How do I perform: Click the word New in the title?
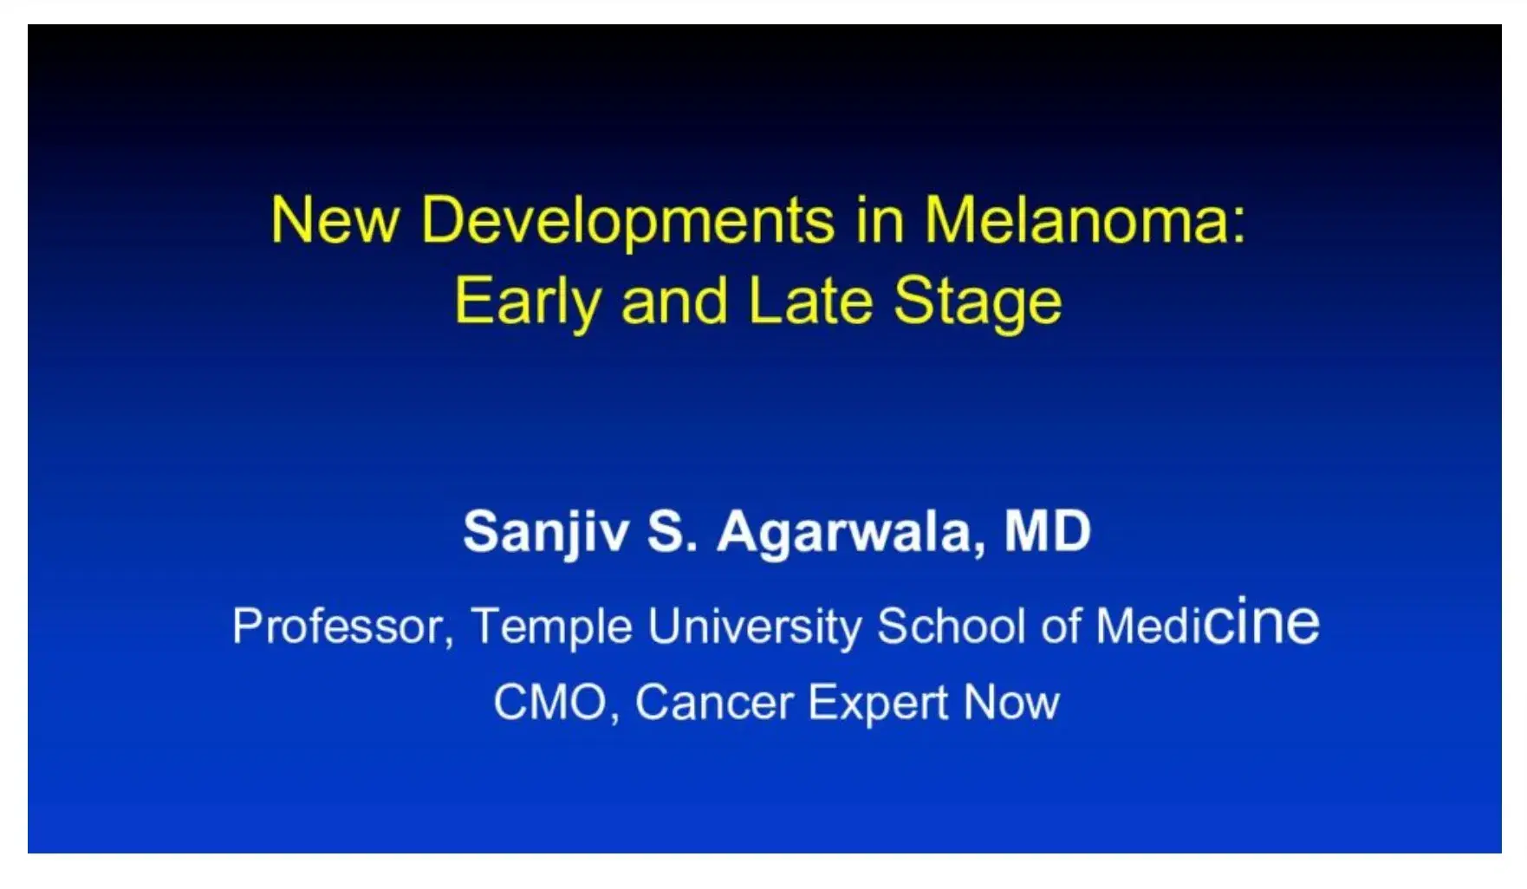tap(335, 220)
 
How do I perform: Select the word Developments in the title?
tap(627, 220)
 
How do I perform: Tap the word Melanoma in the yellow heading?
tap(1075, 220)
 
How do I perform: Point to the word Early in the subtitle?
tap(527, 302)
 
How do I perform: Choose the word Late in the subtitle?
tap(809, 302)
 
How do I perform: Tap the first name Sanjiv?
tap(546, 531)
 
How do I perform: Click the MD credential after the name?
tap(1047, 530)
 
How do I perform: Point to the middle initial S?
tap(671, 531)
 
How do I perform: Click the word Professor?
tap(341, 626)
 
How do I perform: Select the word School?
tap(951, 626)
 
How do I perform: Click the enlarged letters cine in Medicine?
tap(1261, 622)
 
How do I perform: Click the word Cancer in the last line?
tap(714, 702)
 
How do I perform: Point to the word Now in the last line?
tap(1011, 702)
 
